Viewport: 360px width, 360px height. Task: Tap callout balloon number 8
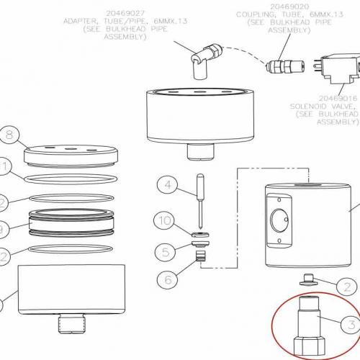coord(9,134)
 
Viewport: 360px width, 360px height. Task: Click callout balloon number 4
coord(168,186)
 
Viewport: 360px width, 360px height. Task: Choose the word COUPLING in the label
coord(255,14)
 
